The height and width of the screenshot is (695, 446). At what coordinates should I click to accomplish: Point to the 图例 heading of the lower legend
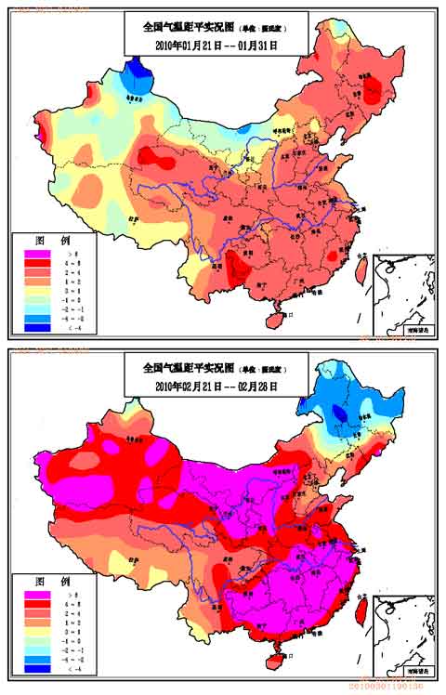click(x=46, y=578)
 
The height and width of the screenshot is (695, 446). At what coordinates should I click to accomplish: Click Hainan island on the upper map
click(x=272, y=318)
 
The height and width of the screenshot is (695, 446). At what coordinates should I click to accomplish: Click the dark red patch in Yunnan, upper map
click(x=239, y=270)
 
